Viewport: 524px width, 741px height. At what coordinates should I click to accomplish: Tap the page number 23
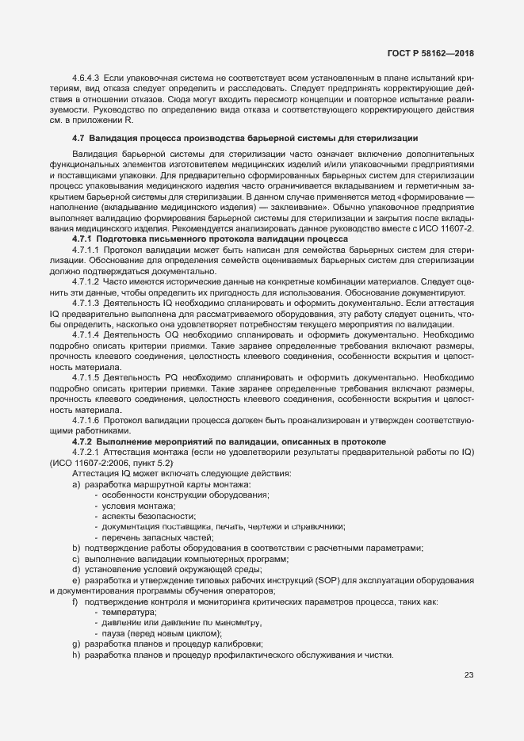[x=469, y=675]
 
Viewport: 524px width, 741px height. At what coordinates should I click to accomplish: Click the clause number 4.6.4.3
[x=86, y=79]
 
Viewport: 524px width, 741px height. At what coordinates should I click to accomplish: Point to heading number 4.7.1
[x=82, y=239]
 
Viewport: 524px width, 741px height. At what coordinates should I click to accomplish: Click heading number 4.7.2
[x=82, y=440]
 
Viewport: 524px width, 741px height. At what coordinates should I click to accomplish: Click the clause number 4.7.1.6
[x=86, y=419]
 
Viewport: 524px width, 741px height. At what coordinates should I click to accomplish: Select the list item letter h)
[x=76, y=655]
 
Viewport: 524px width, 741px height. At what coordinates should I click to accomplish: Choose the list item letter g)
[x=76, y=644]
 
